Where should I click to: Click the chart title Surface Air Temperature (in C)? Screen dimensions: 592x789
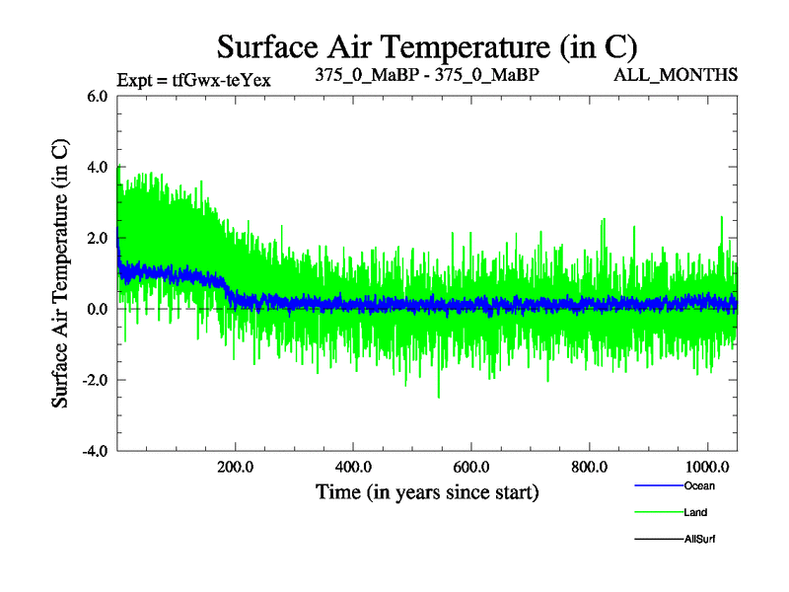426,46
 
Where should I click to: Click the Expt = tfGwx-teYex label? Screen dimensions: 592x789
193,79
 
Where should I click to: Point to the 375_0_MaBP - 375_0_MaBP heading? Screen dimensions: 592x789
426,75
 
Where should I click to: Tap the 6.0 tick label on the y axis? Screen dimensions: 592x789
98,97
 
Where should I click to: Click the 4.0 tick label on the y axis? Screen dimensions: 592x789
98,167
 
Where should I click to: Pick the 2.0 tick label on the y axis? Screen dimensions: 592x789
98,238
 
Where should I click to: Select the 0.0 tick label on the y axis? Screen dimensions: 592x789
98,309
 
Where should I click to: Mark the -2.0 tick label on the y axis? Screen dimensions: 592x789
95,380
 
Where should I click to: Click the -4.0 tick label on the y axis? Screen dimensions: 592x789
95,451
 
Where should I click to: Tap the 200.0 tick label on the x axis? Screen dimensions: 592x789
235,466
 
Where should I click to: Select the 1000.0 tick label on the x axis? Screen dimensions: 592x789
707,466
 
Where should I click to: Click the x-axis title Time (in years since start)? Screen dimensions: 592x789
426,490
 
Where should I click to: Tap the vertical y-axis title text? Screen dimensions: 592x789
60,273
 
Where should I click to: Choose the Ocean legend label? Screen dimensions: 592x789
698,485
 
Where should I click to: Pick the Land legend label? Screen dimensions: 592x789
695,512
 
